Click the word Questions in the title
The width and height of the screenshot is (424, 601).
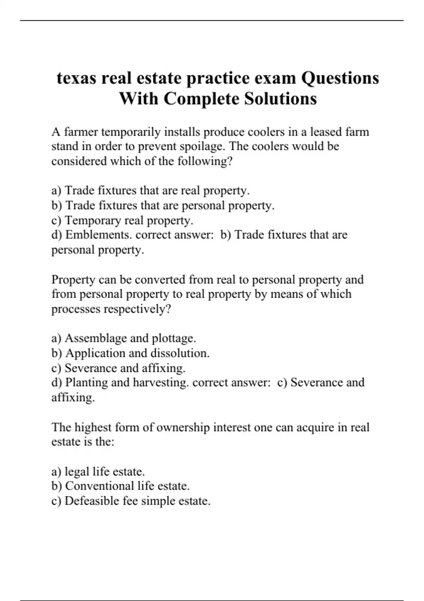[x=340, y=78]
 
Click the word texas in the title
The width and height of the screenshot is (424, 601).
[x=76, y=78]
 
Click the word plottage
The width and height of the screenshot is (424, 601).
[x=173, y=338]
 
